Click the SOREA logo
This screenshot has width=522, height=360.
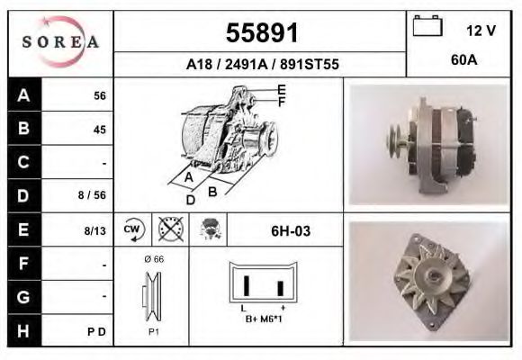[x=60, y=42]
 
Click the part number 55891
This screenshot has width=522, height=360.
[x=260, y=33]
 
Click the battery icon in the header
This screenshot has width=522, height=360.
[x=426, y=28]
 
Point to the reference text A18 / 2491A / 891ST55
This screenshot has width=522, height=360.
[x=260, y=65]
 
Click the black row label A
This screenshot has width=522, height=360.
[x=24, y=94]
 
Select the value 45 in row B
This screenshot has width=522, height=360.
[x=99, y=130]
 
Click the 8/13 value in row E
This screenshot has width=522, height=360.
[x=95, y=230]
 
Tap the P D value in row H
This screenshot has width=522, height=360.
[x=98, y=331]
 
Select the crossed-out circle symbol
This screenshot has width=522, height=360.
[x=170, y=229]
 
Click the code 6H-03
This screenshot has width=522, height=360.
[x=291, y=231]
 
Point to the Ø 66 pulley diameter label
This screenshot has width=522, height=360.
[x=153, y=259]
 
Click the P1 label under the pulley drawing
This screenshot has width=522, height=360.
[x=153, y=330]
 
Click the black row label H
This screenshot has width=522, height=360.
[x=24, y=330]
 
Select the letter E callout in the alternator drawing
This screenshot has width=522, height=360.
[x=282, y=88]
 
